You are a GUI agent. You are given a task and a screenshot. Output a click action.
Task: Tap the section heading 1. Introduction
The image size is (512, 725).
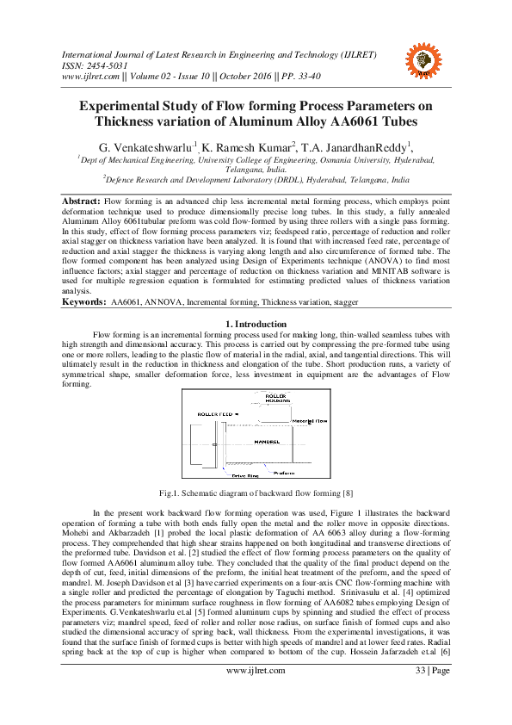[x=256, y=323]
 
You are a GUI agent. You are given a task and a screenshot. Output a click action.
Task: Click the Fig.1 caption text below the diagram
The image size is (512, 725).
[x=256, y=493]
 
